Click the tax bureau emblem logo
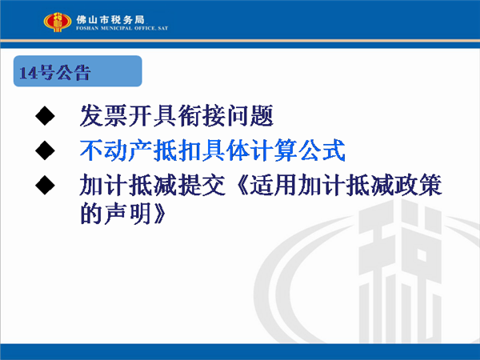(x=58, y=22)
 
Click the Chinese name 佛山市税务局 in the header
(x=110, y=19)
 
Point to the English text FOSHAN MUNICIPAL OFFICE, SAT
(x=122, y=28)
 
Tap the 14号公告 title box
(x=78, y=71)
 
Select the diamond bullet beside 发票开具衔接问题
(x=45, y=116)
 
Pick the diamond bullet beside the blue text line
(x=45, y=150)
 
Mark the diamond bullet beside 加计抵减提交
(x=45, y=185)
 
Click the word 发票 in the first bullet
(x=104, y=116)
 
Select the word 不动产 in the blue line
(x=116, y=150)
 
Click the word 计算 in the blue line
(x=274, y=150)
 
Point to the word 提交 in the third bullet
(x=202, y=185)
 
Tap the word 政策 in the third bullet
(x=418, y=185)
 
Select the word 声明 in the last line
(x=128, y=214)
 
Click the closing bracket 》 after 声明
(x=160, y=214)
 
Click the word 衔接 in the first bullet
(x=202, y=116)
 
